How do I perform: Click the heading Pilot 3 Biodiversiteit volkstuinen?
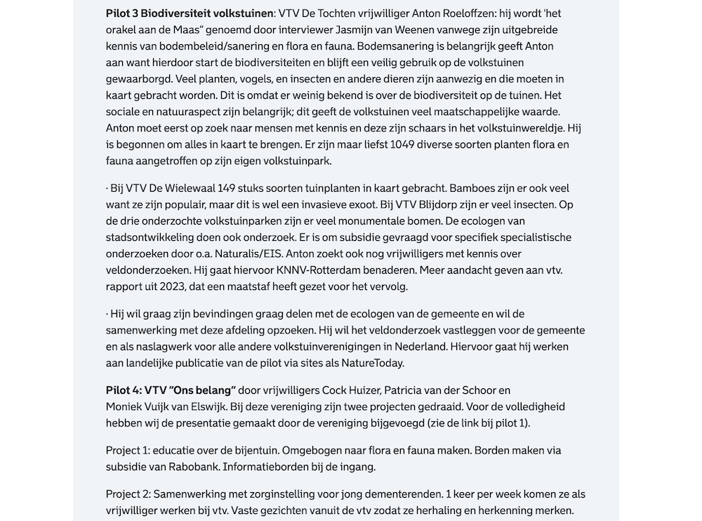point(190,13)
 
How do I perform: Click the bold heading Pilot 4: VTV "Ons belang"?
point(171,390)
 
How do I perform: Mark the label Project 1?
point(128,450)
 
